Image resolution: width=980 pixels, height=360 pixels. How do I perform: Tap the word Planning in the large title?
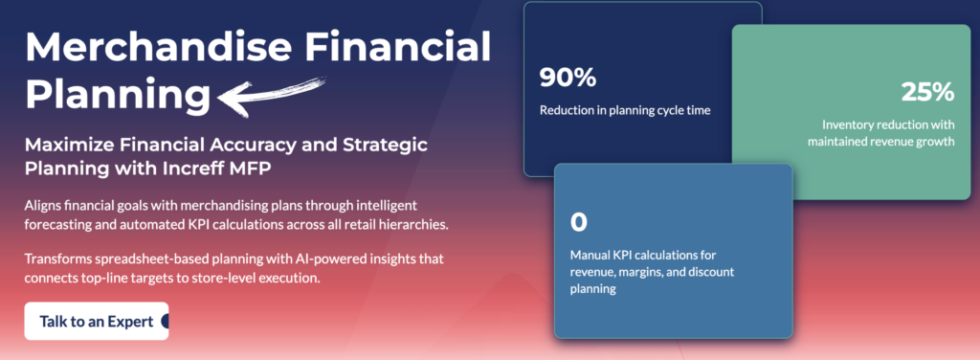118,95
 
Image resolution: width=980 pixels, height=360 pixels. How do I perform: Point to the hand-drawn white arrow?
271,96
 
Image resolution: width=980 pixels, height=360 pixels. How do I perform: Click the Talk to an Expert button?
97,322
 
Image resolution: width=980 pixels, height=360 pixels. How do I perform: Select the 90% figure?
568,78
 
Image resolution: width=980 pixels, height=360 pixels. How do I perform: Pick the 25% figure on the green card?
927,93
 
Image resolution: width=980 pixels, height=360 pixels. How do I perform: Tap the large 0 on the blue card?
579,223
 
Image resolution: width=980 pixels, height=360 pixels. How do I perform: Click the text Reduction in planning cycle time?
625,111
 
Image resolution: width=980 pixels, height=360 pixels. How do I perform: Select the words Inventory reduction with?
888,125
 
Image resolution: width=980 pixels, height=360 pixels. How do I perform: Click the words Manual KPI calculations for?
642,256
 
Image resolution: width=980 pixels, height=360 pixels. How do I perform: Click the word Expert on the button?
130,322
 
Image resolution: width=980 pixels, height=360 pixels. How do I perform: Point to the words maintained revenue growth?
881,142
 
